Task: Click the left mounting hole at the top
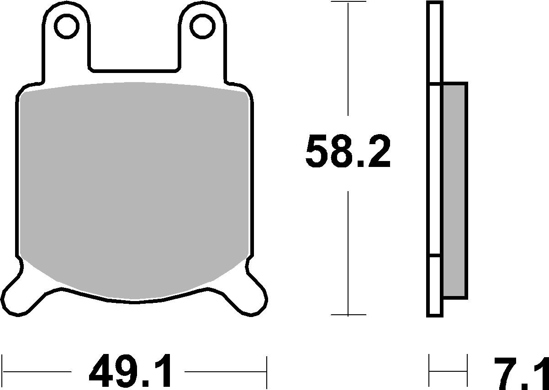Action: point(67,26)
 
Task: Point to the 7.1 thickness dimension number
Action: point(521,371)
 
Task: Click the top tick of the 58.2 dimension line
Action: point(348,2)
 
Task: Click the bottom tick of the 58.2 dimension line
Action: point(348,315)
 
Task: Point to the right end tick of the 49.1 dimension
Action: point(266,371)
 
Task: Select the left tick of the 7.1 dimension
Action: point(429,371)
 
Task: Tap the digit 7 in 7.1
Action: point(505,371)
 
